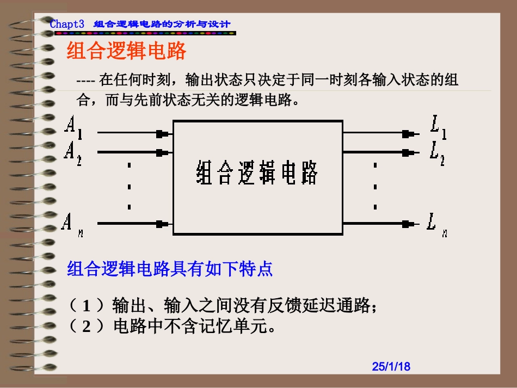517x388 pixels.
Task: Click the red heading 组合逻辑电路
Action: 126,52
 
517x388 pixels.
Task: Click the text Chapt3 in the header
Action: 67,24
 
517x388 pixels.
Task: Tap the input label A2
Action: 73,151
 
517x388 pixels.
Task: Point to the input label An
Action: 71,223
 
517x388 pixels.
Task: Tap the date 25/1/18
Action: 391,367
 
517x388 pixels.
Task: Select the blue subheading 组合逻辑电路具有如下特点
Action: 170,269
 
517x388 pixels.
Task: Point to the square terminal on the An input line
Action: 161,223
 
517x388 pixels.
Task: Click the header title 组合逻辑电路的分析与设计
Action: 162,24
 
